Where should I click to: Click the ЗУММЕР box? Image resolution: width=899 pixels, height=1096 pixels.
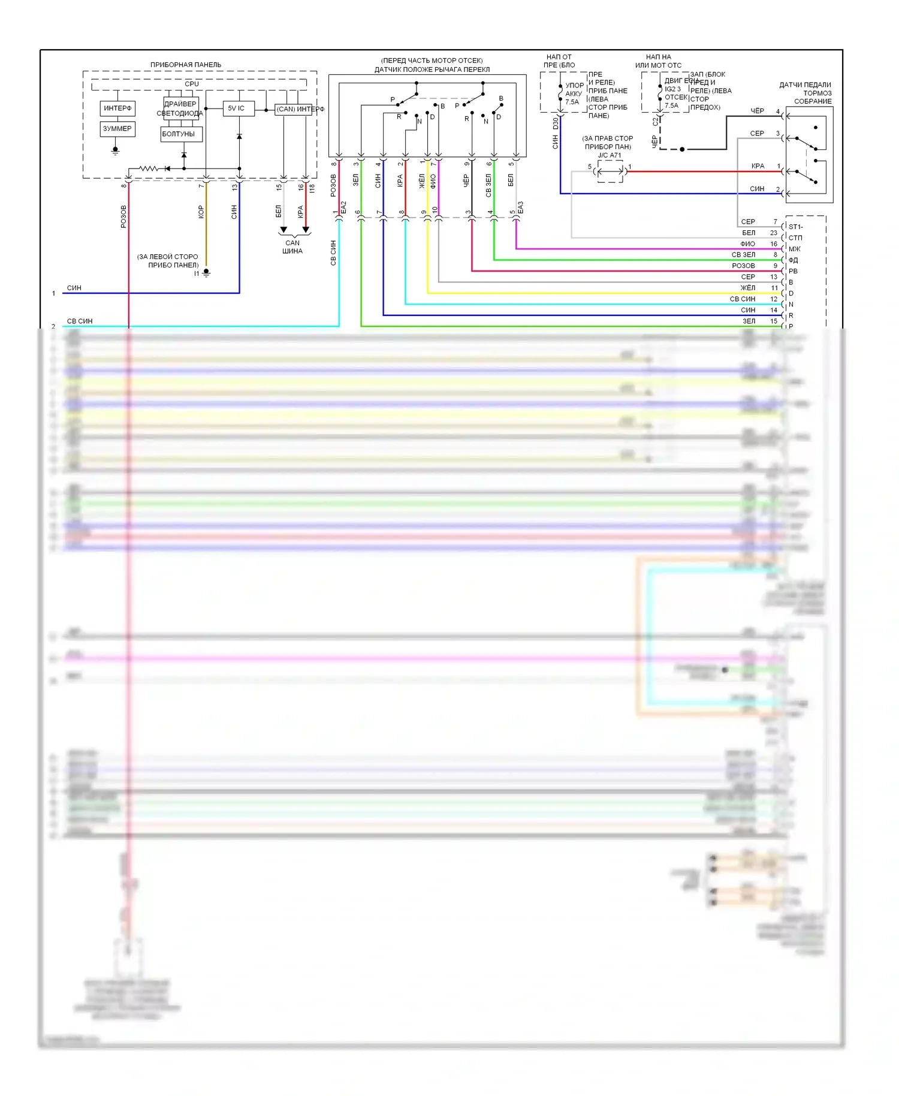pos(117,129)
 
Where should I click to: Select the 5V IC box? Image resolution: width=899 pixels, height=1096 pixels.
pos(238,109)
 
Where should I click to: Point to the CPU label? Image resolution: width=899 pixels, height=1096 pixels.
pos(192,84)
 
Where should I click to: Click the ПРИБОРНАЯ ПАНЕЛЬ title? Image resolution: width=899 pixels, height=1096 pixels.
pos(186,65)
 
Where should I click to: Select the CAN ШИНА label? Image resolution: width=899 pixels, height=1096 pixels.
pos(292,247)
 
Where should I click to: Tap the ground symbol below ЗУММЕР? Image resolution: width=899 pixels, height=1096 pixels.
pos(116,150)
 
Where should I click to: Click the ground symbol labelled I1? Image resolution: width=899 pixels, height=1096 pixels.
pos(206,273)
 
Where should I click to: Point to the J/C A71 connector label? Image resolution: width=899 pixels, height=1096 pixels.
pos(610,155)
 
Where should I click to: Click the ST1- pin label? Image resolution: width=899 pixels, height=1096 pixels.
pos(796,227)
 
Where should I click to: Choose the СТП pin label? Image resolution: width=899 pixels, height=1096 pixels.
pos(795,238)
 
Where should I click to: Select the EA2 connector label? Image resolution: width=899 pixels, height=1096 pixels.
pos(343,207)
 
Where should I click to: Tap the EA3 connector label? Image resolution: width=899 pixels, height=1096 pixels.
pos(520,207)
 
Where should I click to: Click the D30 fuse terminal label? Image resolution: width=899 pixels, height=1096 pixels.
pos(556,124)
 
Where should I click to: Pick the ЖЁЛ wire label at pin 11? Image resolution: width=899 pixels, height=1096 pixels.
pos(748,288)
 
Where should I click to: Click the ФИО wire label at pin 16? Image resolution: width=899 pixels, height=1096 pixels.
pos(747,244)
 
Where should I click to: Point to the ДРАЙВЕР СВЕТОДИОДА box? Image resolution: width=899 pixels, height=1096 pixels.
pos(180,109)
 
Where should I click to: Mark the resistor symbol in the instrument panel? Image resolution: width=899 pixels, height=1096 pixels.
pos(149,168)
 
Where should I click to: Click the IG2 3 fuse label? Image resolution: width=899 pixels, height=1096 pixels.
pos(672,89)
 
